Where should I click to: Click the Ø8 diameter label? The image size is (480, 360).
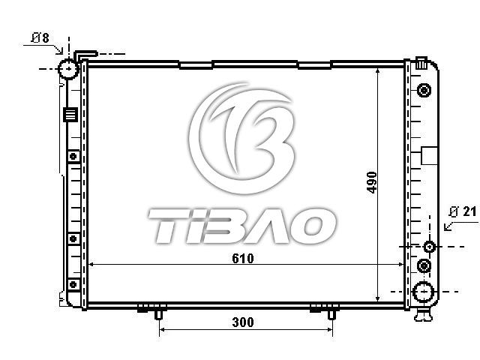pos(40,38)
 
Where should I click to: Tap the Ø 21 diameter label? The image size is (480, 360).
pos(463,211)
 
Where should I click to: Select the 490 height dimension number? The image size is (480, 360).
pos(372,182)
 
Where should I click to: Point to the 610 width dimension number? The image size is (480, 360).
pos(243,259)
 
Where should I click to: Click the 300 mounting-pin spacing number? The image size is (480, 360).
pos(243,322)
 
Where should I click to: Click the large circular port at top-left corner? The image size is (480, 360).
pos(68,69)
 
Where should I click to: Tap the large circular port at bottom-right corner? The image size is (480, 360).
pos(423,292)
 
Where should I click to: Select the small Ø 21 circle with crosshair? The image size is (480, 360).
pos(429,247)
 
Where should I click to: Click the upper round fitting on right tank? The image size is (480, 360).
pos(424,91)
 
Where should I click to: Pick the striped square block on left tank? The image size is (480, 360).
pos(70,115)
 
